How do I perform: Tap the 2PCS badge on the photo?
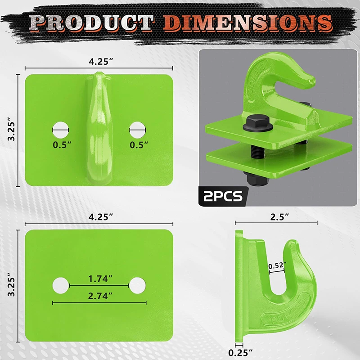223,196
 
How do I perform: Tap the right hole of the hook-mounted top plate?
137,129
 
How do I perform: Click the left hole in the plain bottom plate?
60,284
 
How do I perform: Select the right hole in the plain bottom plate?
137,284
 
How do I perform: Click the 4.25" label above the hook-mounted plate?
99,62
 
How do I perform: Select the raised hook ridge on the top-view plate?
99,126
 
